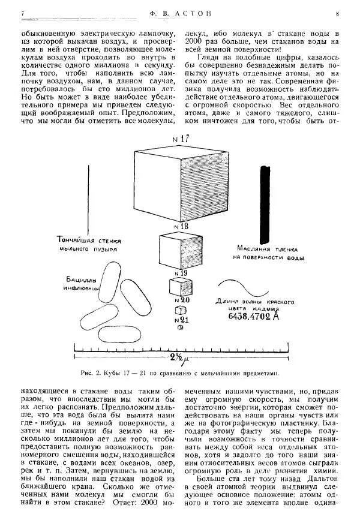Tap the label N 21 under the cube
tap(181, 320)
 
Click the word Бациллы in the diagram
tap(83, 279)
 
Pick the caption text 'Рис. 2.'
tap(89, 372)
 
